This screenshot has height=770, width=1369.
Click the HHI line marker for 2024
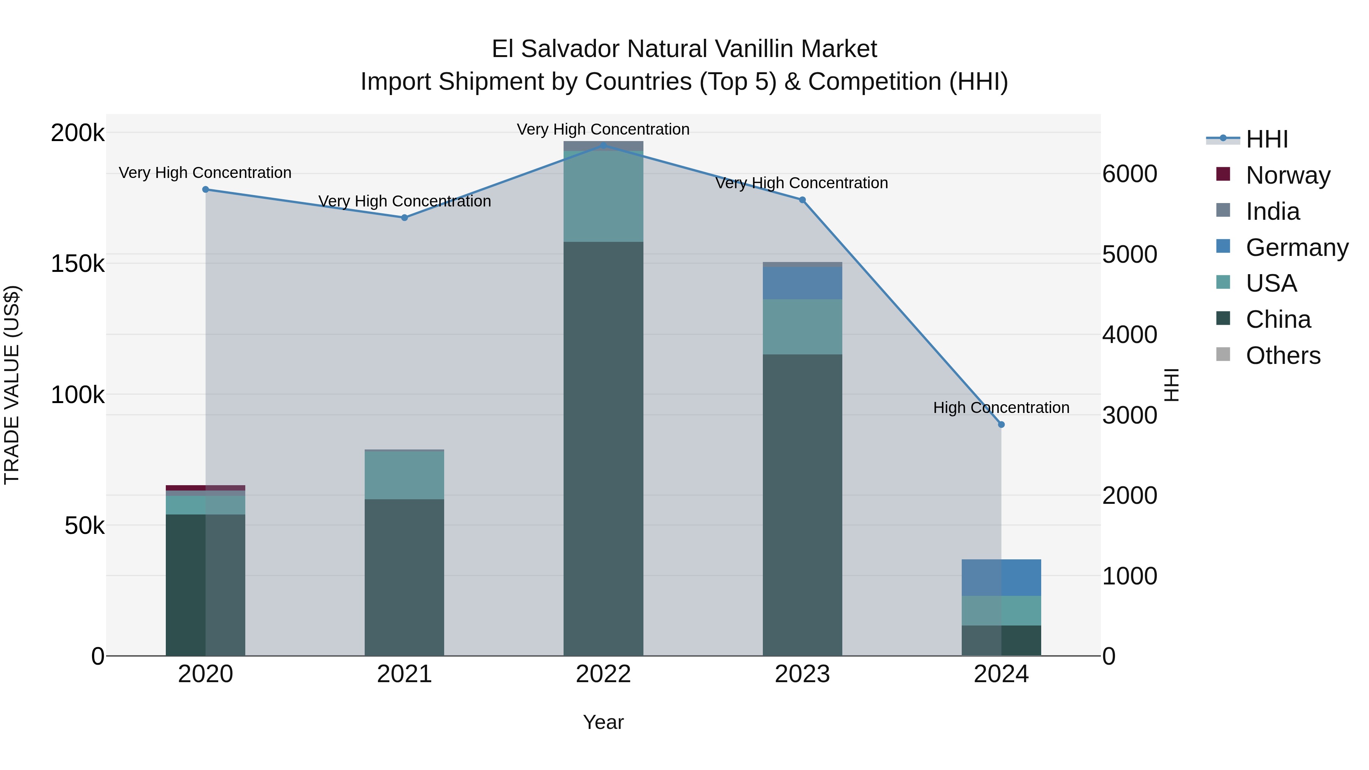coord(1001,425)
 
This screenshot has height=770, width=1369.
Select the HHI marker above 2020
coord(206,189)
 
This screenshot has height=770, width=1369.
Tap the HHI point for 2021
coord(405,218)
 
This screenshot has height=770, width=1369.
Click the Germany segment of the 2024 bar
coord(1001,578)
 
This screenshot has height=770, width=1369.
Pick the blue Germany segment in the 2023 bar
coord(802,283)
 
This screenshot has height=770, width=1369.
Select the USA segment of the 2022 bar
coord(603,197)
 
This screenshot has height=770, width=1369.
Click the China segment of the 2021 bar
coord(405,577)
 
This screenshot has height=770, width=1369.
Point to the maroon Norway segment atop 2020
coord(206,488)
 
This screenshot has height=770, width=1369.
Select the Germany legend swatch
coord(1223,246)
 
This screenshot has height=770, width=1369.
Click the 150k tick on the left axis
coord(78,264)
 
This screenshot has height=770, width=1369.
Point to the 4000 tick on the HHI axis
coord(1129,335)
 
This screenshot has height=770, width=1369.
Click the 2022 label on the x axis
coord(603,674)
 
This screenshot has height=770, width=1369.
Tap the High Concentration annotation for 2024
coord(1001,408)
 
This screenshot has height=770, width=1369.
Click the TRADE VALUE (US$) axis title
coord(12,385)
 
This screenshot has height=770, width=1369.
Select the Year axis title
coord(603,722)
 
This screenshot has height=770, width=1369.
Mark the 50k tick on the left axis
coord(84,526)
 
